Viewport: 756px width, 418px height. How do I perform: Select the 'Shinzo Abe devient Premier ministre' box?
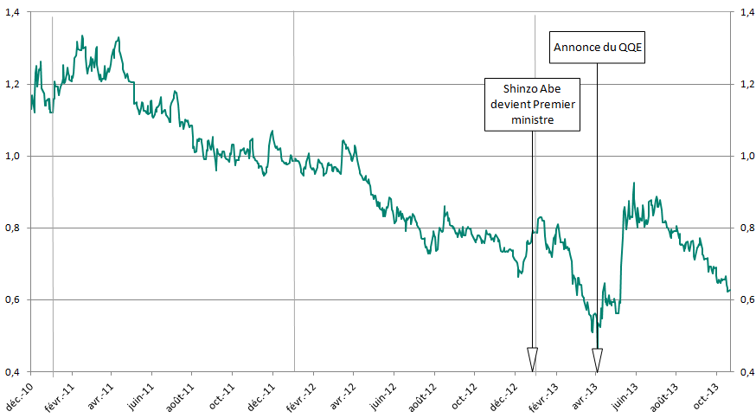532,105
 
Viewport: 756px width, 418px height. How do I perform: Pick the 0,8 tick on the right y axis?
743,228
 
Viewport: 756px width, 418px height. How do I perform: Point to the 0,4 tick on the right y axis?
743,372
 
